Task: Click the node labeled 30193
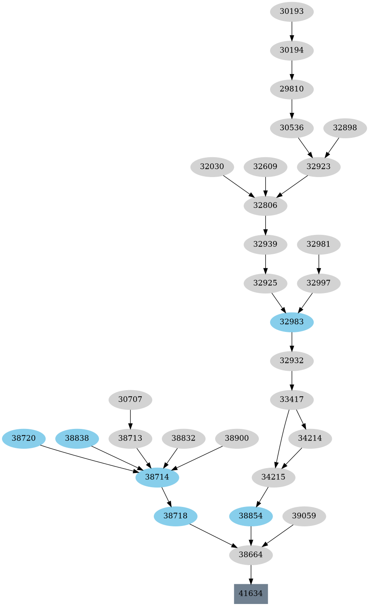point(291,11)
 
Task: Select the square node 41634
point(251,593)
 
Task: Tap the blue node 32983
point(291,322)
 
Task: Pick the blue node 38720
point(23,438)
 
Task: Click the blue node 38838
point(77,438)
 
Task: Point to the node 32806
point(265,205)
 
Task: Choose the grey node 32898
point(345,128)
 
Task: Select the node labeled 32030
point(212,167)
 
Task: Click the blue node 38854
point(251,516)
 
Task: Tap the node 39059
point(304,516)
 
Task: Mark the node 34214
point(310,438)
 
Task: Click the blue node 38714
point(157,477)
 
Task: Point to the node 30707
point(130,399)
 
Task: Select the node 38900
point(237,438)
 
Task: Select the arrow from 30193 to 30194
point(291,31)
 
